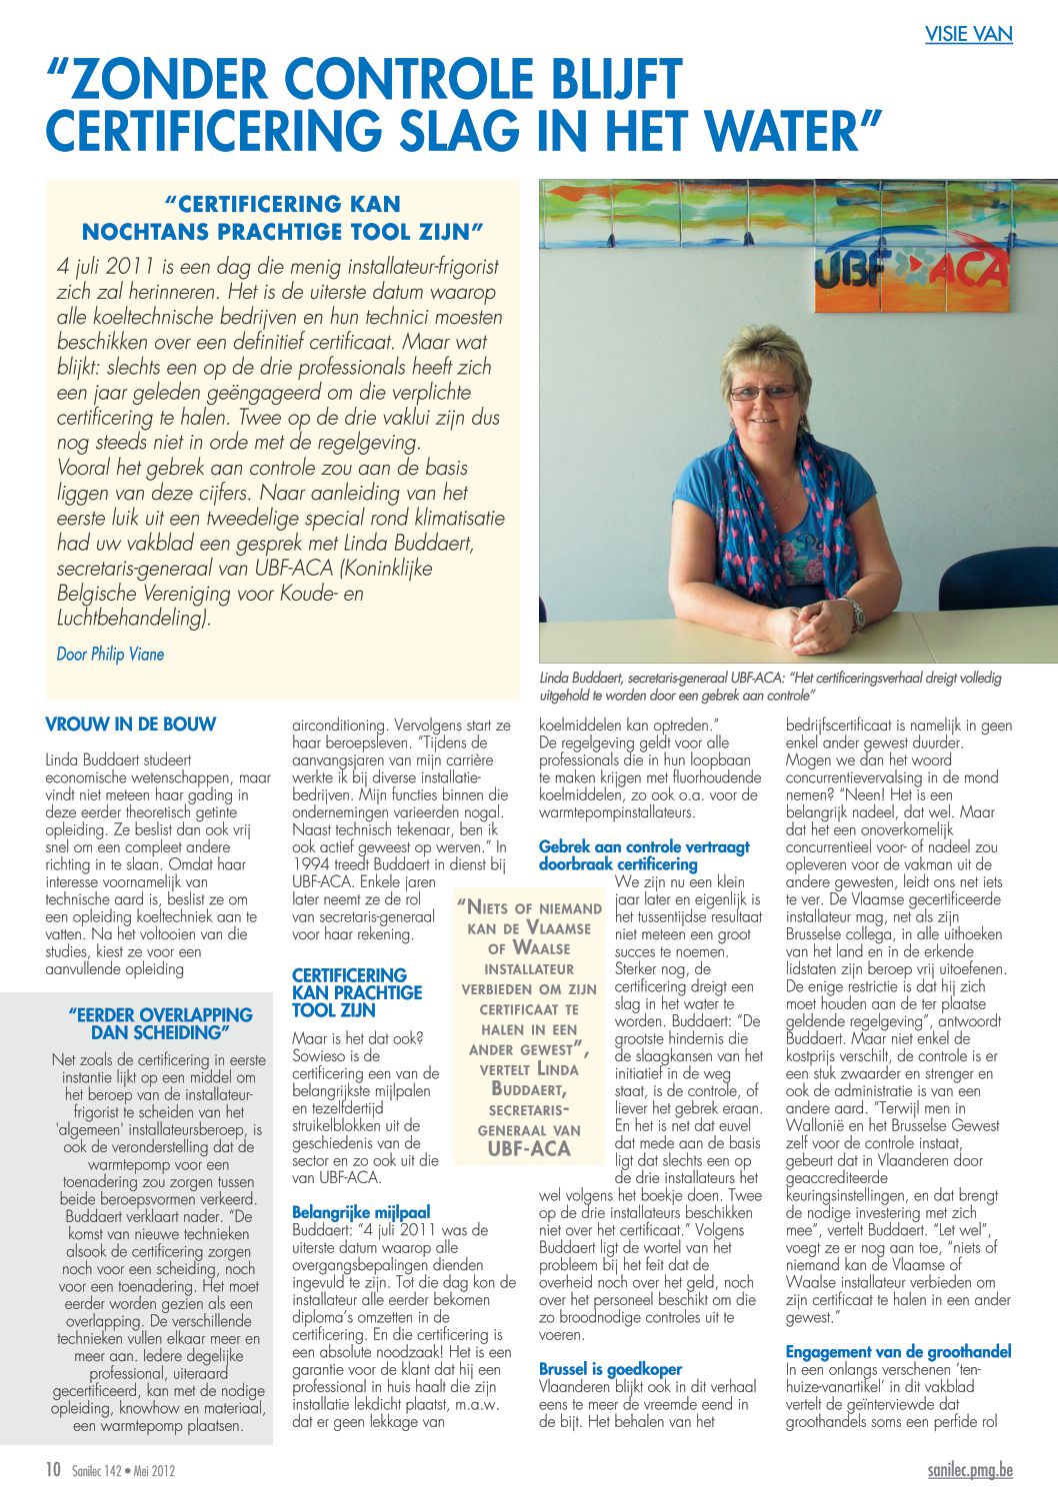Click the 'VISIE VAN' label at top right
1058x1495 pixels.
pyautogui.click(x=968, y=34)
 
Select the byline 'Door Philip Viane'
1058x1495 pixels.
pyautogui.click(x=110, y=655)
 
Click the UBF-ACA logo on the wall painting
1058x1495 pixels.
pyautogui.click(x=910, y=270)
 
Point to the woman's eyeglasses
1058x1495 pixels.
pyautogui.click(x=764, y=392)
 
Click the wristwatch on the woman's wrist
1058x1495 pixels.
pyautogui.click(x=853, y=613)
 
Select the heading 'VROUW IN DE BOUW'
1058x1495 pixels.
pyautogui.click(x=130, y=725)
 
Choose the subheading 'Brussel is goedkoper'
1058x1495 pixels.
pyautogui.click(x=610, y=1369)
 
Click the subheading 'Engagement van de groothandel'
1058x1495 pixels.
pyautogui.click(x=898, y=1352)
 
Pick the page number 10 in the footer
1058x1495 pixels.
pyautogui.click(x=53, y=1470)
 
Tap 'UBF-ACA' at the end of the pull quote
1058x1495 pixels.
pyautogui.click(x=528, y=1149)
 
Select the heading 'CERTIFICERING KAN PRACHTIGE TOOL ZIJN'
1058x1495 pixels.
pyautogui.click(x=356, y=992)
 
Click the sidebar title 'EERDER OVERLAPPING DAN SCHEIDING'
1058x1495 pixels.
pyautogui.click(x=160, y=1023)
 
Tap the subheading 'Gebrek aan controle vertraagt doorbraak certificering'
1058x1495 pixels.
pyautogui.click(x=643, y=855)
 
